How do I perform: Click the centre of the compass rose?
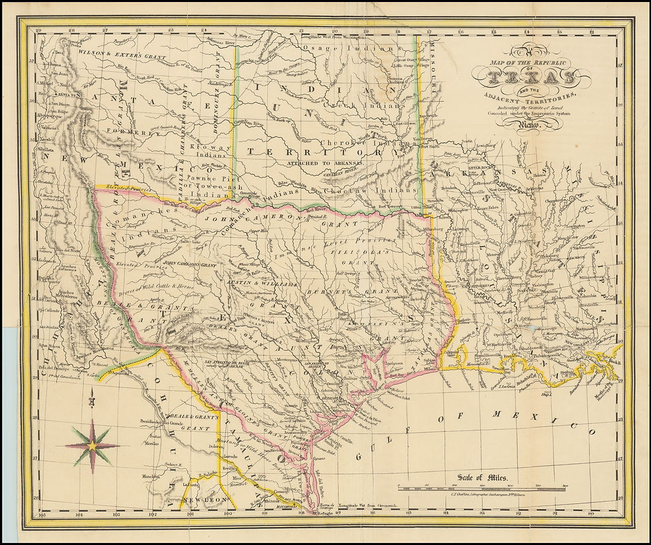click(x=92, y=445)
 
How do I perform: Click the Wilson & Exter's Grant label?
click(x=110, y=51)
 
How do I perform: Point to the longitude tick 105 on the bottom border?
click(x=43, y=514)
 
